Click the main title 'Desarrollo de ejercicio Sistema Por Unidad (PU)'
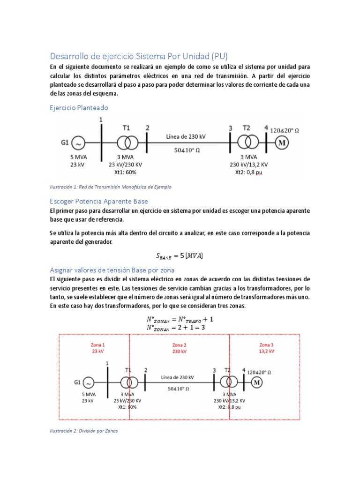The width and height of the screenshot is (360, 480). [x=139, y=56]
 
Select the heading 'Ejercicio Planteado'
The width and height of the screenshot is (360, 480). [x=79, y=107]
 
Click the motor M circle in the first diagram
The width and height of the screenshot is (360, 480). [x=282, y=142]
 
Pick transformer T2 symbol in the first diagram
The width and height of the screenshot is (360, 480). [x=247, y=141]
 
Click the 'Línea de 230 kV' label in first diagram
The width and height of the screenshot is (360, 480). [x=186, y=136]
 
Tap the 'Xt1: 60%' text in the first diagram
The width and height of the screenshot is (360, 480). [x=125, y=172]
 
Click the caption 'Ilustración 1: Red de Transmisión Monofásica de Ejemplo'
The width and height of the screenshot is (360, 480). [x=110, y=187]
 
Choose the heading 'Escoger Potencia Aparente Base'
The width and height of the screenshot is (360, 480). [x=98, y=201]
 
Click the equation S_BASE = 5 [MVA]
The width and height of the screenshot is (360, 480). [x=180, y=255]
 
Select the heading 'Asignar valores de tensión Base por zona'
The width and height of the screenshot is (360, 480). [x=112, y=270]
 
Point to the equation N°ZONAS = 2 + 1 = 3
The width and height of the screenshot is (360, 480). [x=176, y=327]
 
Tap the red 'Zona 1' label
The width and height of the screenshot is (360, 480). [x=98, y=345]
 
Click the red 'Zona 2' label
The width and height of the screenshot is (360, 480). [x=180, y=345]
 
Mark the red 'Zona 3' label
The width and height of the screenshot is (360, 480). [x=266, y=345]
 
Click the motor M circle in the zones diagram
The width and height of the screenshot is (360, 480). [x=256, y=382]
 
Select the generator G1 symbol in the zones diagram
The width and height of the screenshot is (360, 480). [x=89, y=382]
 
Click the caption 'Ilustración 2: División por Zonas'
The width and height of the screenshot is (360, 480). [x=83, y=431]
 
